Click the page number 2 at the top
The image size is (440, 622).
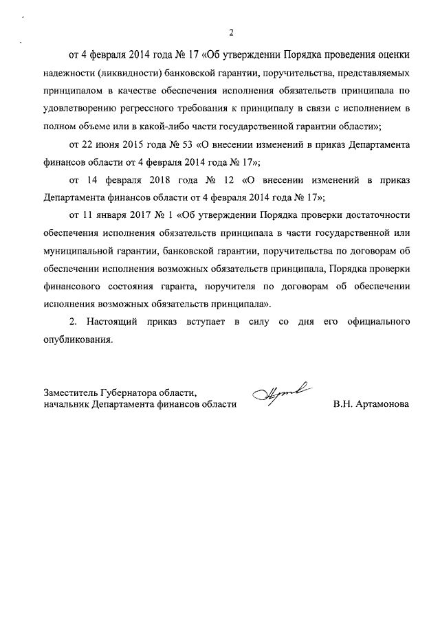pyautogui.click(x=232, y=32)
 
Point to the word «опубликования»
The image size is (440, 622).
pyautogui.click(x=76, y=340)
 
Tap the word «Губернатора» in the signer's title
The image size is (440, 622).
pyautogui.click(x=131, y=393)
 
